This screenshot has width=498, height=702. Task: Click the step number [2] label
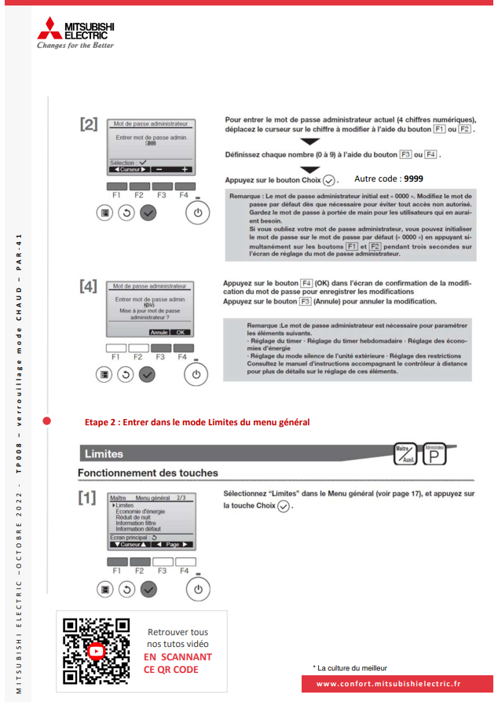[x=89, y=125]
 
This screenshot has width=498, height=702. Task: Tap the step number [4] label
[x=89, y=287]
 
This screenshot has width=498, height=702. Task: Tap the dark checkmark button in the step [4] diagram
[x=147, y=374]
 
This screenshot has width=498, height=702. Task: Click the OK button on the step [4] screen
[x=181, y=333]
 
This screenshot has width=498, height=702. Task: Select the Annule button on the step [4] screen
[x=159, y=333]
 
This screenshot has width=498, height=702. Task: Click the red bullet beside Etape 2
[x=46, y=422]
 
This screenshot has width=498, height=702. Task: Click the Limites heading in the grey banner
[x=103, y=454]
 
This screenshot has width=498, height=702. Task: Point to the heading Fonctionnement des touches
[x=148, y=473]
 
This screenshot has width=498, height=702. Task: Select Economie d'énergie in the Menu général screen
[x=143, y=512]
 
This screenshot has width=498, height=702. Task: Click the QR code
[x=97, y=651]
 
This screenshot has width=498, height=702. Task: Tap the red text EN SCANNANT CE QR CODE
[x=178, y=663]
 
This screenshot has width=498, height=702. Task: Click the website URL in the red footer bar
[x=388, y=684]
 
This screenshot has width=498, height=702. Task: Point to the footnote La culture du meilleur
[x=348, y=667]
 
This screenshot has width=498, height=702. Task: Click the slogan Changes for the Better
[x=75, y=46]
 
